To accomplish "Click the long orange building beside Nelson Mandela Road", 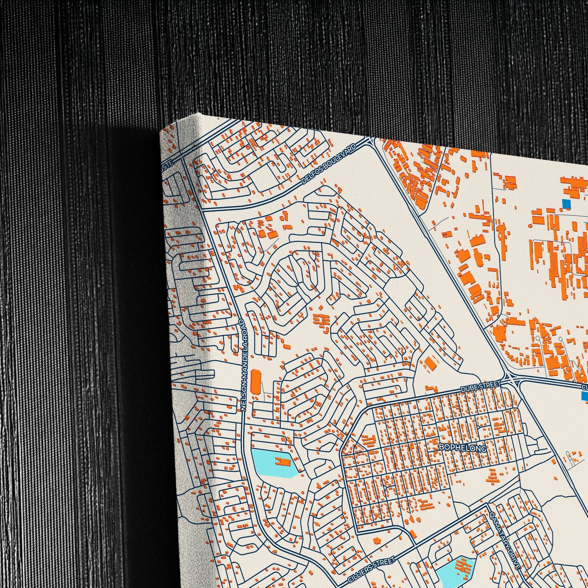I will pos(256,381).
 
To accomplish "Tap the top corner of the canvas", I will pos(198,114).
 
